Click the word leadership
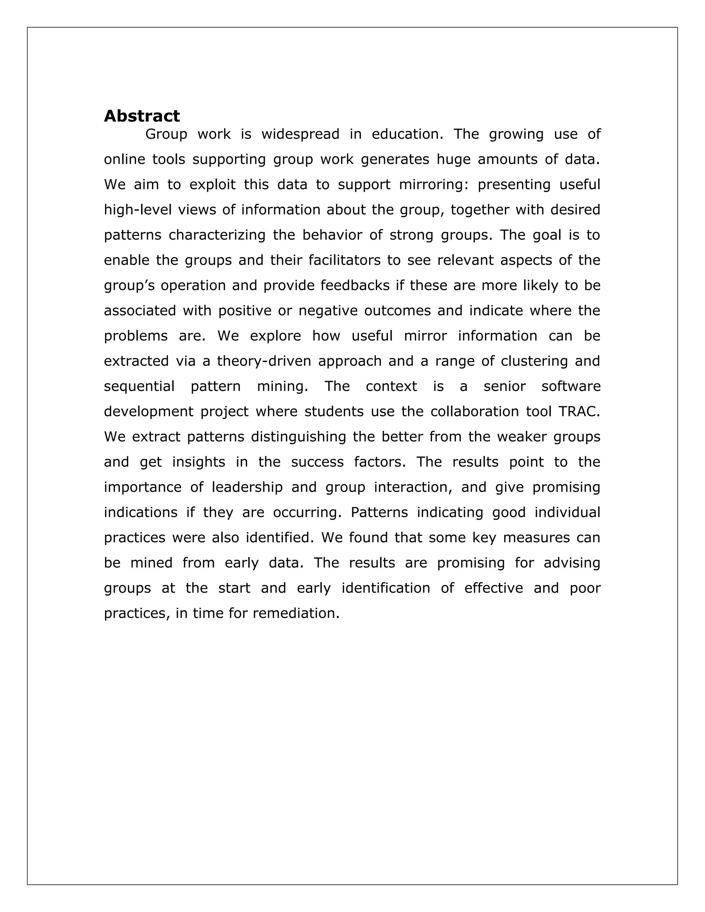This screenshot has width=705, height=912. (x=247, y=487)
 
